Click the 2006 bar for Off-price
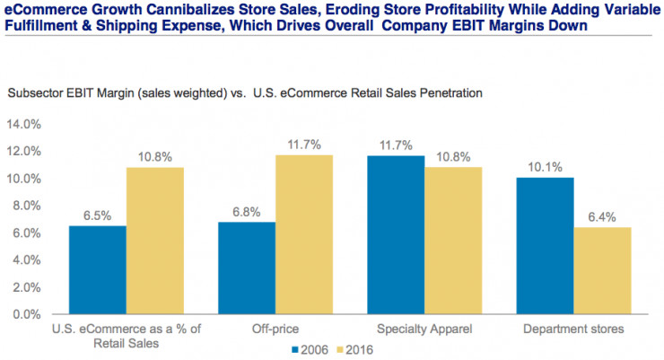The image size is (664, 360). [x=247, y=268]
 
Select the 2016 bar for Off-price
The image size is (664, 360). [x=303, y=235]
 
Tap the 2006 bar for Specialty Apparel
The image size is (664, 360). [x=397, y=235]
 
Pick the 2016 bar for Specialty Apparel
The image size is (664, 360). [x=454, y=241]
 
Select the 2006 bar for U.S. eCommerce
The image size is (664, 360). [x=97, y=270]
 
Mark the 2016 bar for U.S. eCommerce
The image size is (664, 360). [x=154, y=241]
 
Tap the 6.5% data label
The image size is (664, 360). [x=97, y=215]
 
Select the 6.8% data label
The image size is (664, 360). [x=247, y=212]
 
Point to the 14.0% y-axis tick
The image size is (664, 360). [x=24, y=124]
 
